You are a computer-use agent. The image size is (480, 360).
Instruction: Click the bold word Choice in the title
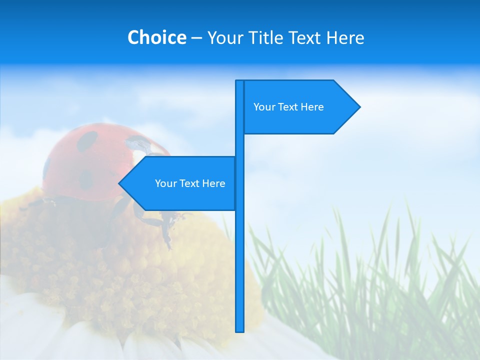pyautogui.click(x=156, y=37)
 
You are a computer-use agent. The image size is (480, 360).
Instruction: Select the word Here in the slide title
pyautogui.click(x=345, y=37)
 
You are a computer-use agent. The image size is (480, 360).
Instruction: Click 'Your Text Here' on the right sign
pyautogui.click(x=288, y=106)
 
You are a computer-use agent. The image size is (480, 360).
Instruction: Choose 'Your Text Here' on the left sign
pyautogui.click(x=190, y=183)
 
